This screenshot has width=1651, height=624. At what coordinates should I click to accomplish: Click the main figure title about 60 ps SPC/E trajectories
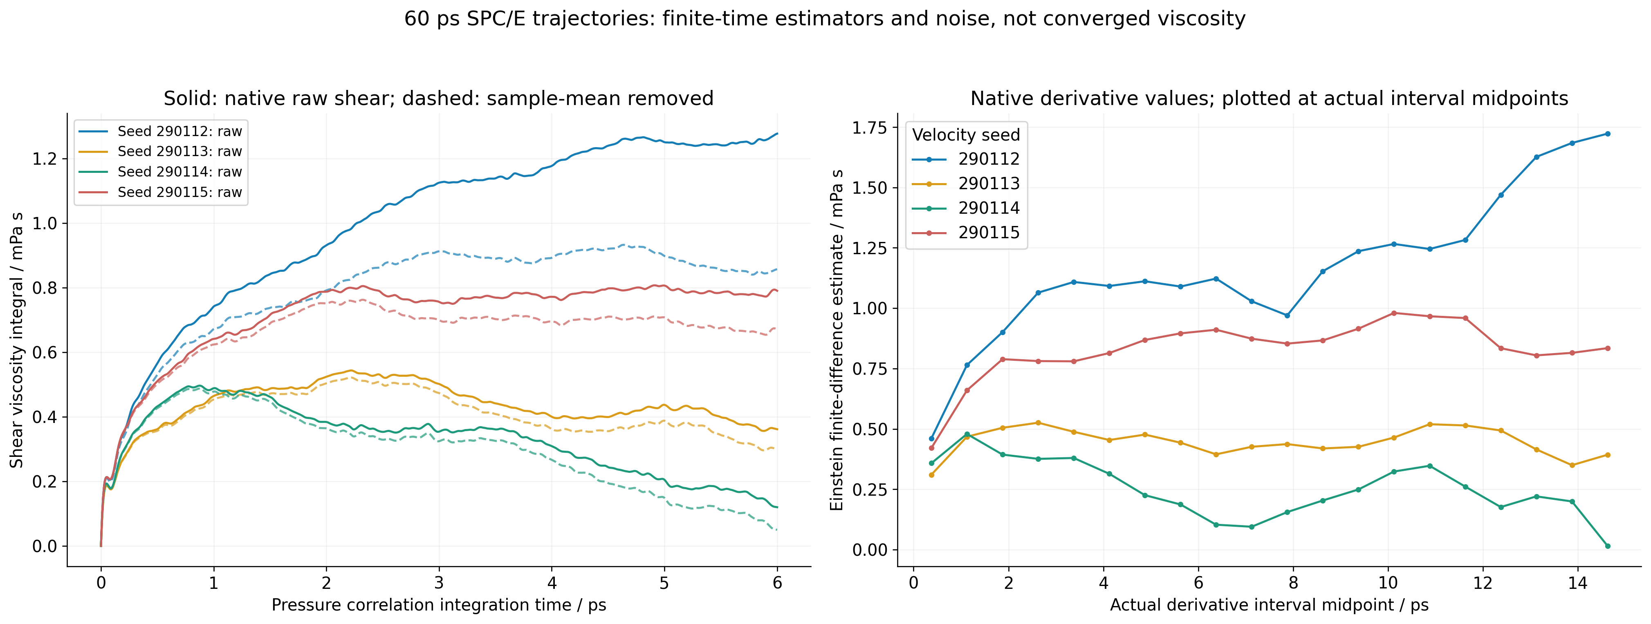[825, 18]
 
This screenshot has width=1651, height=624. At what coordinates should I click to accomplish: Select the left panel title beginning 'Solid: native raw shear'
[438, 98]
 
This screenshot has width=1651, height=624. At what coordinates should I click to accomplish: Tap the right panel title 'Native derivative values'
[1269, 98]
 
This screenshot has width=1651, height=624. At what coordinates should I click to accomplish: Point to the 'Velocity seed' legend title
[966, 135]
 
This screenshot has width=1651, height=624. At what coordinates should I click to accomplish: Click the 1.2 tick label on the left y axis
[45, 159]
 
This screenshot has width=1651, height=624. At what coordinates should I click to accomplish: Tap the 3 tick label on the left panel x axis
[439, 582]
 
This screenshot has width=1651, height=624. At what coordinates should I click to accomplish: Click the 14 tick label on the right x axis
[1577, 582]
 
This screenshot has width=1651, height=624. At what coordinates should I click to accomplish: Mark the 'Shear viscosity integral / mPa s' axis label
[17, 340]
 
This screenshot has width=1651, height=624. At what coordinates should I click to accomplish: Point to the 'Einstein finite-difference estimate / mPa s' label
[837, 340]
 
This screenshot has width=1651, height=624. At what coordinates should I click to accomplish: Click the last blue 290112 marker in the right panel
[1607, 134]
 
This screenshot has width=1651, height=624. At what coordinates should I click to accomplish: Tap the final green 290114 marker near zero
[1607, 546]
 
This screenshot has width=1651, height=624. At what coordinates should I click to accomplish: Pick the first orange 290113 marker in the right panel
[931, 475]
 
